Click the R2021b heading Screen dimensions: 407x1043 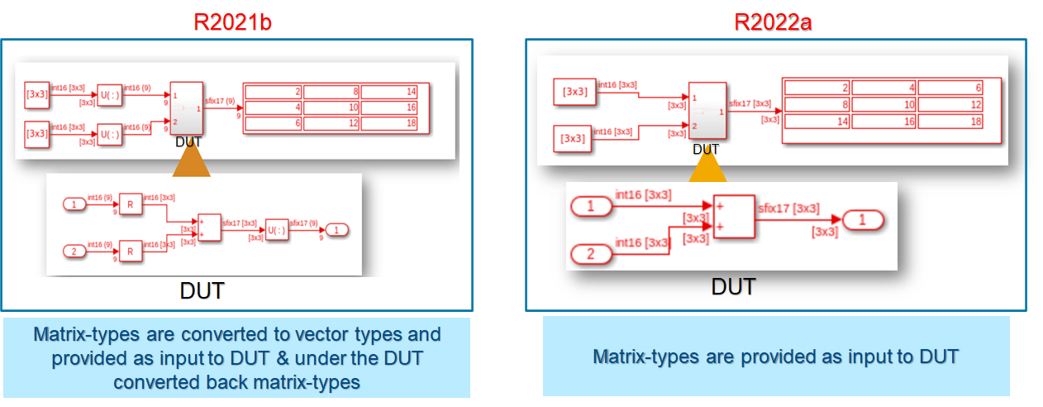click(232, 22)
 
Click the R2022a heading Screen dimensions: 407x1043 click(773, 22)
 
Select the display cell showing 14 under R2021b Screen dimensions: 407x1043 click(390, 92)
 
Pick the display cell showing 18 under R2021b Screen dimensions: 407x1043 click(390, 123)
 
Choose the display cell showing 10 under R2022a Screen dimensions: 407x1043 click(884, 105)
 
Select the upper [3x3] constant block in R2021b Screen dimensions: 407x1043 click(38, 93)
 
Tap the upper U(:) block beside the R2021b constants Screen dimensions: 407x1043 click(109, 94)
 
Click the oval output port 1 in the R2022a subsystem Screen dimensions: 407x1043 click(863, 220)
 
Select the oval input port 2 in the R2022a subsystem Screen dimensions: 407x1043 click(591, 254)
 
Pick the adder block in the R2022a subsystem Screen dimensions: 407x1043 click(733, 217)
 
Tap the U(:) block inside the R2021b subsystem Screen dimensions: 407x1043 click(276, 231)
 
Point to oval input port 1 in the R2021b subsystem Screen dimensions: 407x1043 click(74, 203)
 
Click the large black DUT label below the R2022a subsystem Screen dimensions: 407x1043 click(733, 287)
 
